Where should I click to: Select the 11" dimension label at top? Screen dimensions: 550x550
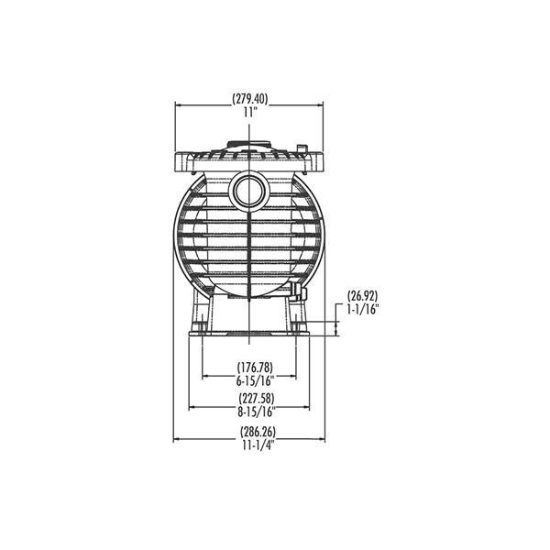tap(249, 112)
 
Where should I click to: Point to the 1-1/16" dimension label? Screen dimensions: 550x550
tap(364, 309)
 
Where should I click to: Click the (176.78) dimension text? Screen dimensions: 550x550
tap(248, 368)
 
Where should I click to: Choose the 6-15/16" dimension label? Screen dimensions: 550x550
tap(248, 380)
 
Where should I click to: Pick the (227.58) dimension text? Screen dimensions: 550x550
tap(248, 398)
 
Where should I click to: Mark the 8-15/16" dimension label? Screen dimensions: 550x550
tap(248, 411)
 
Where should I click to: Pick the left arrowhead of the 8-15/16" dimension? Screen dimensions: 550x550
tap(191, 404)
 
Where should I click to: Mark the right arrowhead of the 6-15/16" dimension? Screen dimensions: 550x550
tap(294, 374)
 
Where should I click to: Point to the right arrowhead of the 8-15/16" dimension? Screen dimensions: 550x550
tap(307, 404)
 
